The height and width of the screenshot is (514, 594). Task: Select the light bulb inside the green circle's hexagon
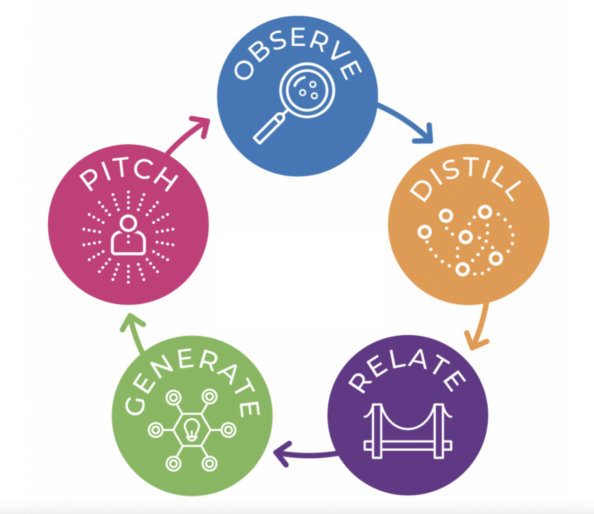tap(192, 430)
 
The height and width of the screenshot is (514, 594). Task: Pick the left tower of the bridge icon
tap(377, 430)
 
